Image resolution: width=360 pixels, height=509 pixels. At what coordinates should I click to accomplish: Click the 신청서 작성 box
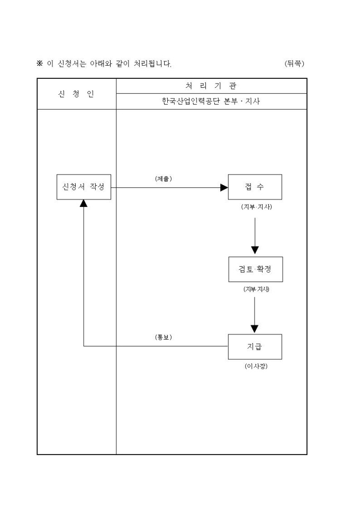click(84, 187)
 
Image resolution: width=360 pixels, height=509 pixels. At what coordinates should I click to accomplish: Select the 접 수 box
click(255, 187)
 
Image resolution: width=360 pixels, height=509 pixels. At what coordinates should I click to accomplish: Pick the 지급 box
click(255, 347)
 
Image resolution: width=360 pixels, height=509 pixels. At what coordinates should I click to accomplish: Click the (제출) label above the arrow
click(163, 178)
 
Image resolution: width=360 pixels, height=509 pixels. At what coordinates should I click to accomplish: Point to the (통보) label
click(163, 337)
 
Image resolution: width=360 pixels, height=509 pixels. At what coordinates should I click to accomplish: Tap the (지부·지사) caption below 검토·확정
click(256, 289)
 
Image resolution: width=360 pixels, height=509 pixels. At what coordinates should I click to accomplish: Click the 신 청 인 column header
click(76, 94)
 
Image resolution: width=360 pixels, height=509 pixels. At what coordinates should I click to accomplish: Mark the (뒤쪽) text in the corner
click(294, 63)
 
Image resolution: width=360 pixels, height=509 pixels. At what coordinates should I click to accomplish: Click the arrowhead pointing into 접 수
click(224, 187)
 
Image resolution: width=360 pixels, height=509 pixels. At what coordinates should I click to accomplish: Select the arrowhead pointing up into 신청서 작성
click(84, 204)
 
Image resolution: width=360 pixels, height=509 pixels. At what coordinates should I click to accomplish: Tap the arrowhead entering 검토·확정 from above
click(255, 250)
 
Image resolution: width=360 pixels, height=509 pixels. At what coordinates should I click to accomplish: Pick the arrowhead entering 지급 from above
click(255, 328)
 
